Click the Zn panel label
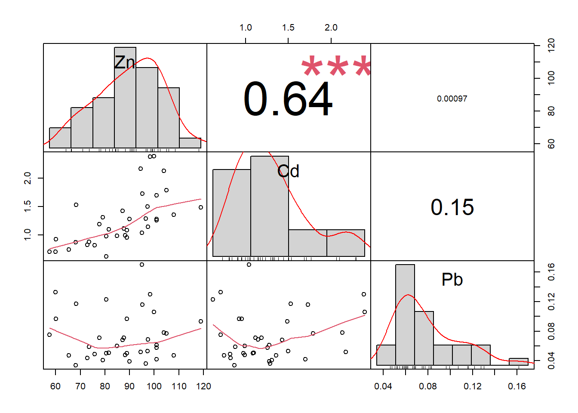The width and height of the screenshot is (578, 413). (125, 63)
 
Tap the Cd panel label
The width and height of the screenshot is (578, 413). (288, 172)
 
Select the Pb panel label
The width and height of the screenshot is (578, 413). (452, 280)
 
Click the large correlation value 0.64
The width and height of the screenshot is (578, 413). (288, 99)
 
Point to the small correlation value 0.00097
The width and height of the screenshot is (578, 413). (452, 99)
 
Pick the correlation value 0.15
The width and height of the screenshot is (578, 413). (452, 207)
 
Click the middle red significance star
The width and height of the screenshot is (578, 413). (338, 67)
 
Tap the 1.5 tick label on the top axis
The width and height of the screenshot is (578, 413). (288, 28)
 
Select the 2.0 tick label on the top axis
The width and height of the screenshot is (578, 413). (331, 28)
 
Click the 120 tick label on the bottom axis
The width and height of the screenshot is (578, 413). (203, 386)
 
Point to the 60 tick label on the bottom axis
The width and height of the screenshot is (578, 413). (55, 386)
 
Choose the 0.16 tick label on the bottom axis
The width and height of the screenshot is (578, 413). (517, 386)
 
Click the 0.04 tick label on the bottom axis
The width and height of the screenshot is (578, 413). (383, 386)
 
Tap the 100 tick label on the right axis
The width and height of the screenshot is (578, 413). (551, 78)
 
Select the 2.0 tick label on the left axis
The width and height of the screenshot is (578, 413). (27, 178)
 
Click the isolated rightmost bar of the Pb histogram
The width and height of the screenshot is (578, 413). (519, 362)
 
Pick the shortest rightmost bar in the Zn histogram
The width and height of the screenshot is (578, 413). (190, 143)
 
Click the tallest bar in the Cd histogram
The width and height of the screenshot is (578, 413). (270, 206)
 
